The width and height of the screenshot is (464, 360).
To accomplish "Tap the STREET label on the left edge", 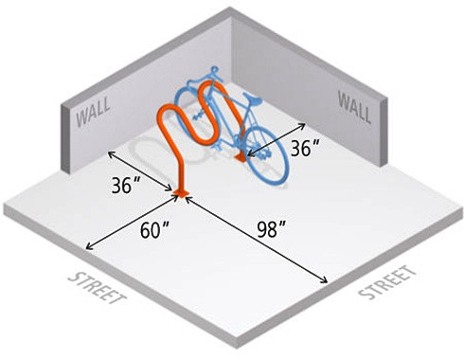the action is pyautogui.click(x=98, y=290).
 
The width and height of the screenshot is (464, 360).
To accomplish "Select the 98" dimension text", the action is pyautogui.click(x=272, y=229).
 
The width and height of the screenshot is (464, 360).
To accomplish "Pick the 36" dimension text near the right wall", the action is pyautogui.click(x=306, y=149).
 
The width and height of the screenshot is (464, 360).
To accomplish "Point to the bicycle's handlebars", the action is pyautogui.click(x=212, y=69).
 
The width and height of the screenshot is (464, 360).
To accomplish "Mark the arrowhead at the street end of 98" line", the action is pyautogui.click(x=326, y=281).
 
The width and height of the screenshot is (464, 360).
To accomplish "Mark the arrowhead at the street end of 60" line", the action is pyautogui.click(x=88, y=248).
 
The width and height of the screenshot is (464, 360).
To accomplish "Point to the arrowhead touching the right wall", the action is pyautogui.click(x=306, y=122).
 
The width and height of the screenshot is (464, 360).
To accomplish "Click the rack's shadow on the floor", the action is pyautogui.click(x=152, y=152).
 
